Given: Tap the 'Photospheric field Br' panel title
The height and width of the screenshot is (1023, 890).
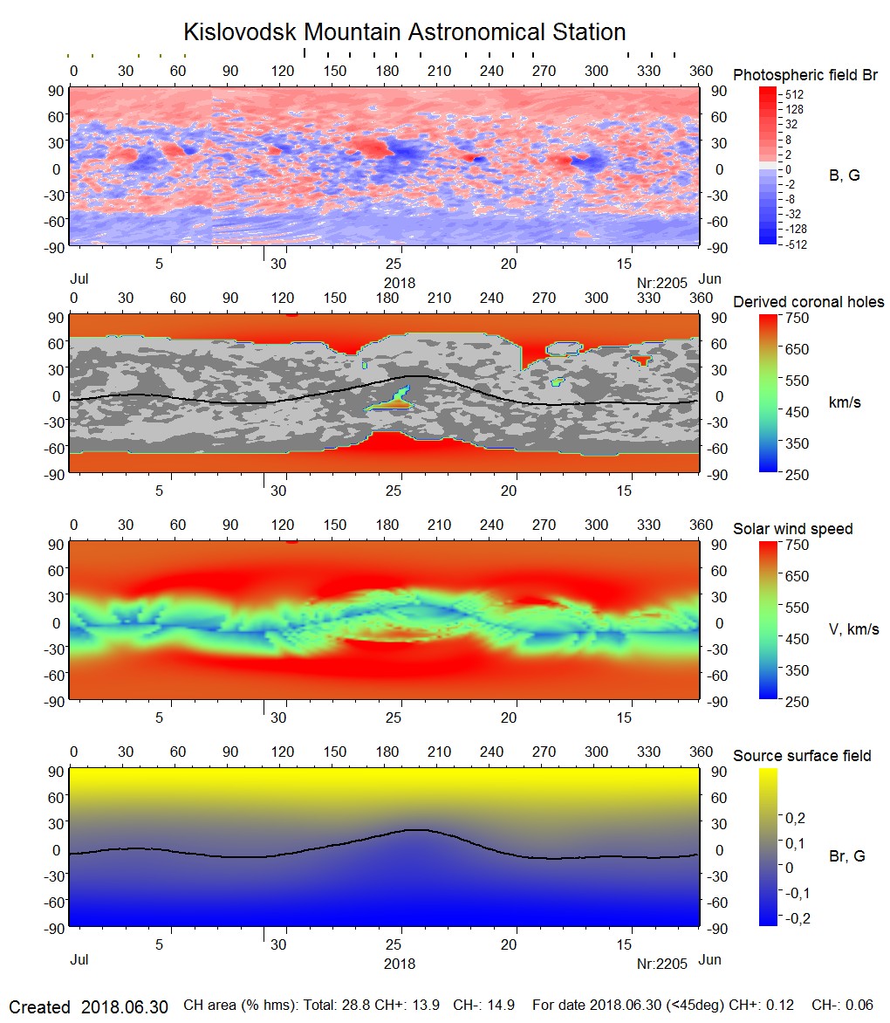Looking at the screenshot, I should [804, 75].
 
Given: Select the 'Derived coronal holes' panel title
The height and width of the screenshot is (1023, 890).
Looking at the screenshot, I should [808, 302].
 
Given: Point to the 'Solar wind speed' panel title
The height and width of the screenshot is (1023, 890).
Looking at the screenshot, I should [792, 529].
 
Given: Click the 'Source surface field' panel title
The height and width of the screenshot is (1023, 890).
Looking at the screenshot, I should [801, 756].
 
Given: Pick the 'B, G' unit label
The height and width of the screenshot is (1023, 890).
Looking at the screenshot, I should [843, 175].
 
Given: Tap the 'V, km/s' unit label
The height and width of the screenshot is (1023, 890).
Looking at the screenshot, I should [852, 629].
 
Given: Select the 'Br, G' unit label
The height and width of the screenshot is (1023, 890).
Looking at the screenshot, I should [846, 856].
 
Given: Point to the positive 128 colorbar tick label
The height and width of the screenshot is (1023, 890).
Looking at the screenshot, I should [794, 109].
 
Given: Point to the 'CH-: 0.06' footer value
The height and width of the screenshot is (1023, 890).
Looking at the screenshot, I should [842, 1006].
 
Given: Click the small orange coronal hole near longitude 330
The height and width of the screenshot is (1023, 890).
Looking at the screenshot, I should [642, 359].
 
